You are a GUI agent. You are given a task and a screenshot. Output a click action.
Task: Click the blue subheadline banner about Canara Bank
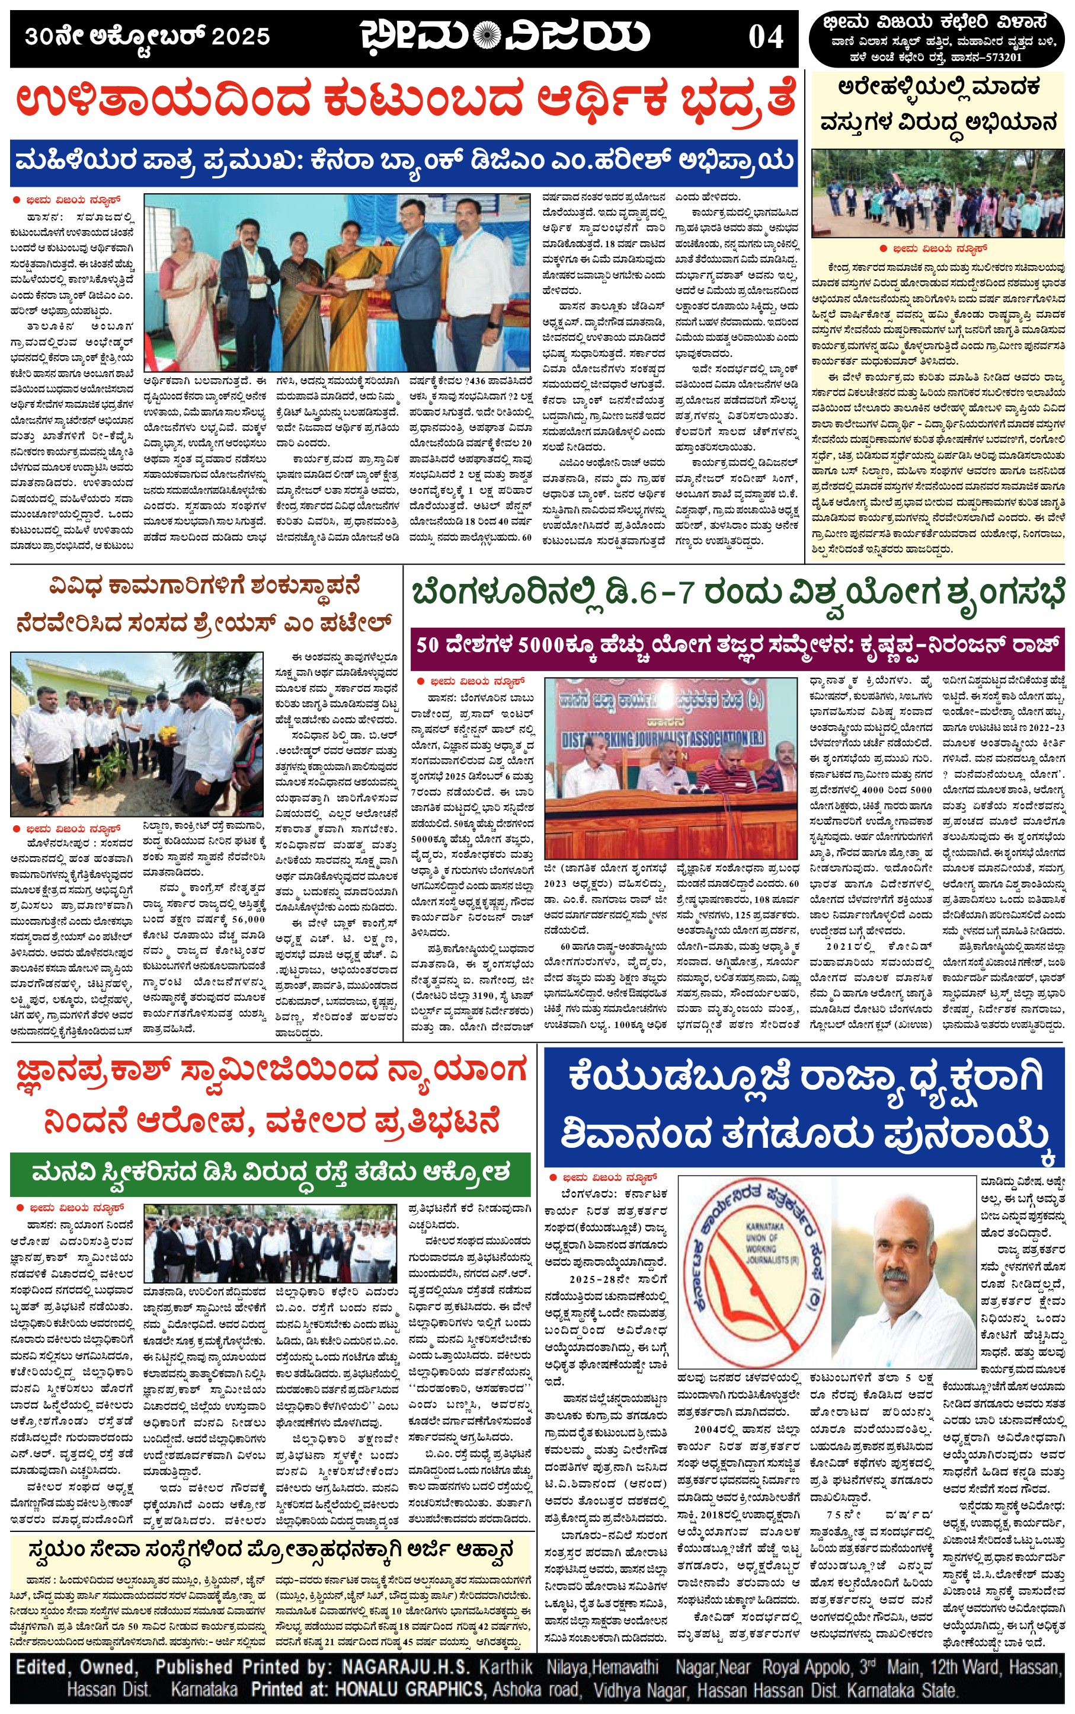(x=404, y=163)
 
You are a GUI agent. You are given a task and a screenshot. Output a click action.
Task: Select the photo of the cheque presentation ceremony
(x=337, y=282)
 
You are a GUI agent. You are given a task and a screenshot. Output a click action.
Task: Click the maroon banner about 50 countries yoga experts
(x=737, y=646)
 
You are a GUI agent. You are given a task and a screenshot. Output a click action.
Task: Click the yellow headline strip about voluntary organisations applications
(x=270, y=1549)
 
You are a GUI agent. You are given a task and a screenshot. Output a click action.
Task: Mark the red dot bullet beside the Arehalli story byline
(x=883, y=249)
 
